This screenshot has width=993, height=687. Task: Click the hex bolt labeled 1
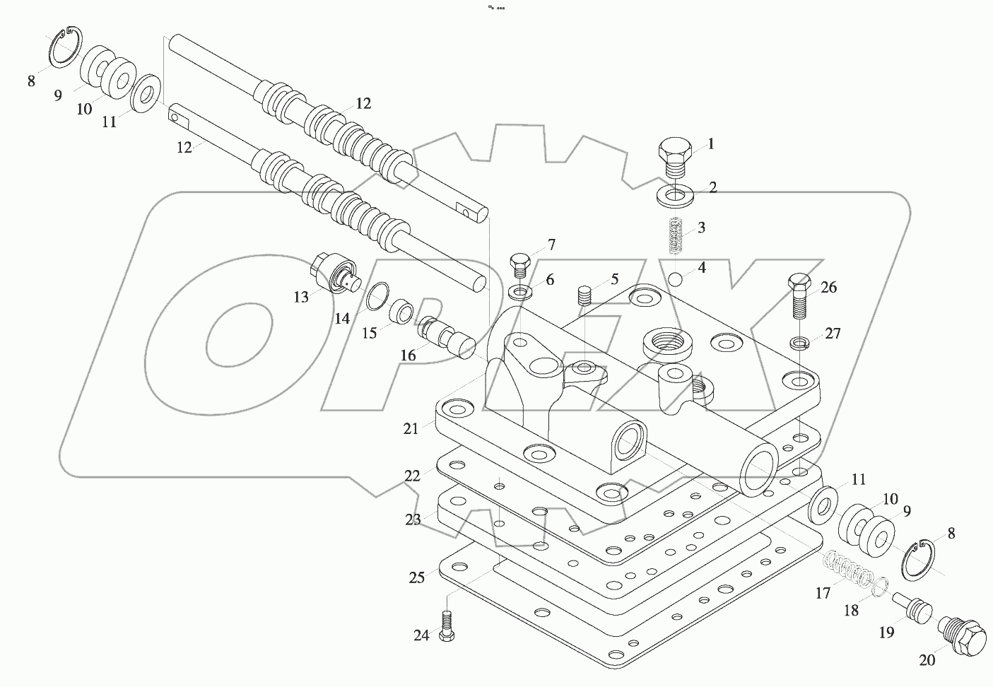click(674, 157)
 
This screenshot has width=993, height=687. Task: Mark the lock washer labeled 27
click(799, 343)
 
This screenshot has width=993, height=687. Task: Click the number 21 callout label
click(411, 428)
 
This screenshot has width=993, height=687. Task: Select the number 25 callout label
click(417, 577)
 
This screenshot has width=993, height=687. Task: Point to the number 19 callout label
click(886, 633)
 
